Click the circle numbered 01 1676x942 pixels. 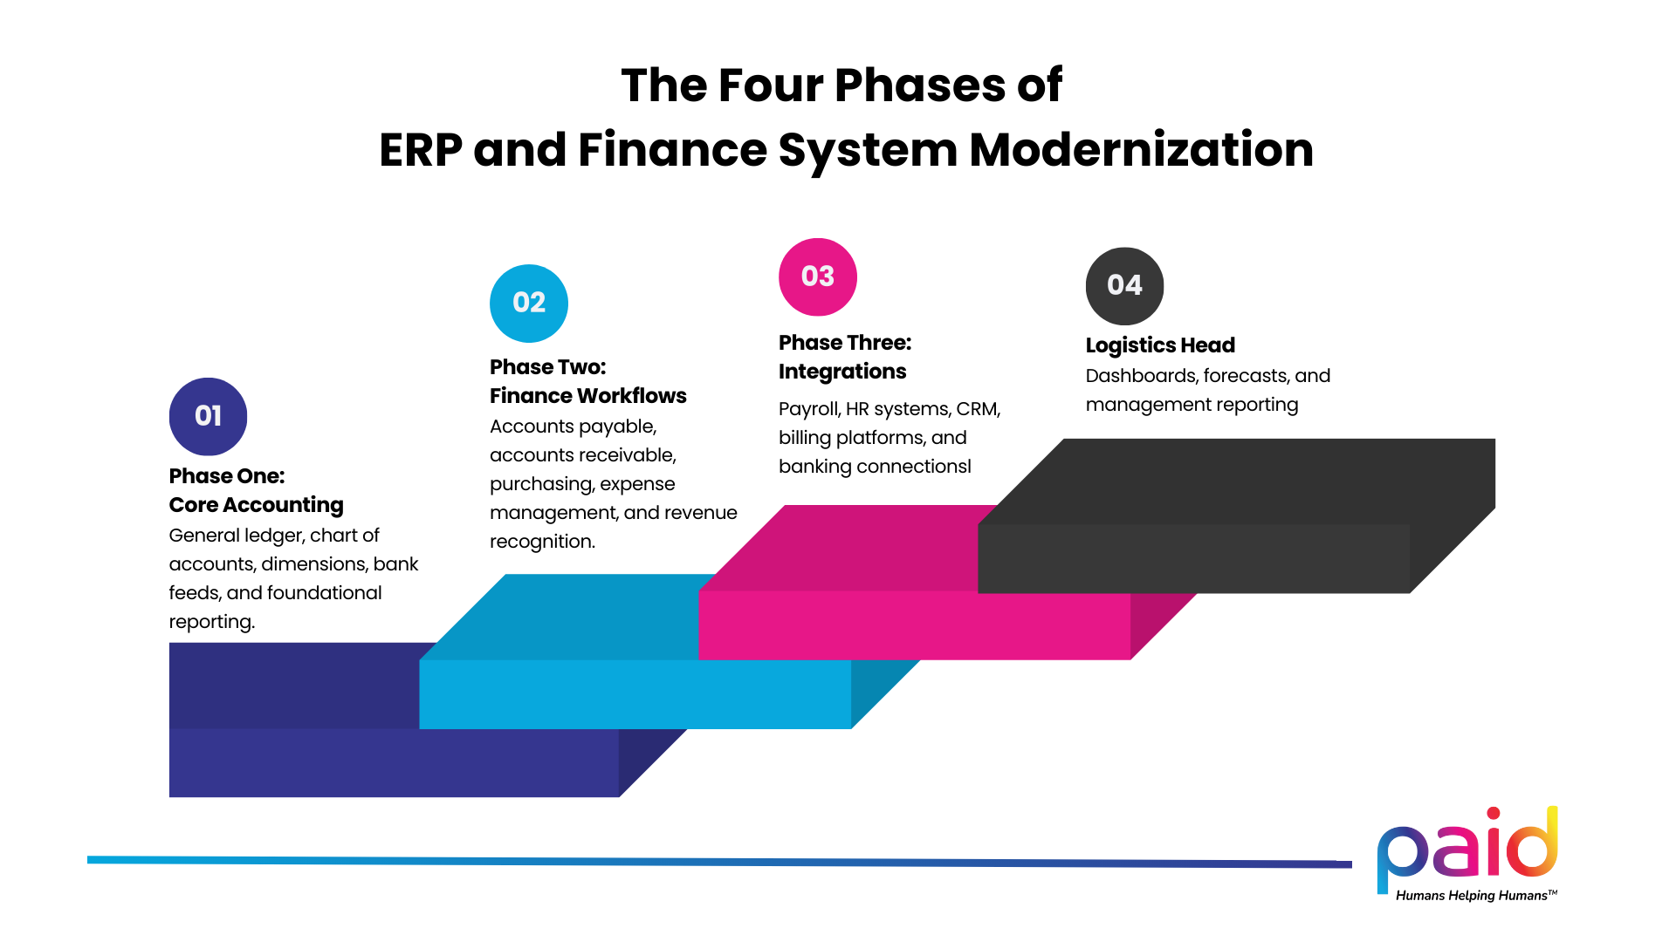[208, 416]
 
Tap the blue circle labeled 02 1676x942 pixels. [529, 303]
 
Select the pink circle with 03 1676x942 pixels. [818, 276]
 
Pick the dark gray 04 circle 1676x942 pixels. [1124, 285]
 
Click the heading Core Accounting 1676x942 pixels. [256, 505]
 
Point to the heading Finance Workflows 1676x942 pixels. [587, 396]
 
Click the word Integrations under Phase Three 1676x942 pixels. [842, 372]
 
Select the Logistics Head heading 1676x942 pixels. [1160, 345]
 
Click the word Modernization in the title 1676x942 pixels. [1141, 149]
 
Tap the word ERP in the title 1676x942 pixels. [420, 149]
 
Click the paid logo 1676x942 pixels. [1466, 846]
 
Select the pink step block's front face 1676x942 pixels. [914, 625]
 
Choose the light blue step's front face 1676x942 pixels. [635, 694]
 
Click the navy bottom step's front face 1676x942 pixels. [393, 762]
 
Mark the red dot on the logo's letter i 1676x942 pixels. [1494, 815]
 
